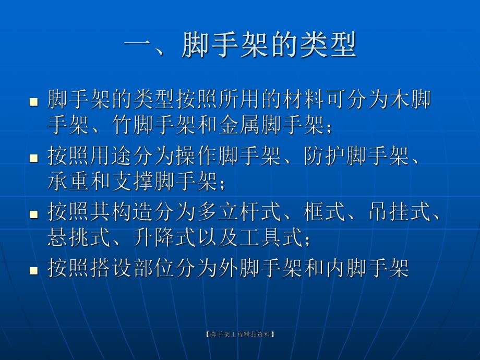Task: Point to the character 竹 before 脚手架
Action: [121, 125]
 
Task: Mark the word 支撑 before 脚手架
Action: [140, 182]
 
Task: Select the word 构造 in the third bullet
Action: [140, 212]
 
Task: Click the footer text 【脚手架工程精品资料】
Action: [239, 334]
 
